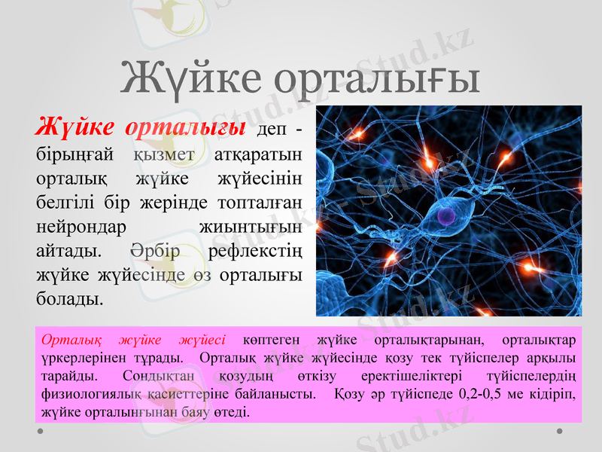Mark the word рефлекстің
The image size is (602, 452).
click(x=251, y=251)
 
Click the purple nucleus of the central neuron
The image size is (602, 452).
click(x=446, y=217)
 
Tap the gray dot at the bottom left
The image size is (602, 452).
click(x=40, y=431)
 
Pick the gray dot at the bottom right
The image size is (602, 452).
click(x=560, y=431)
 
